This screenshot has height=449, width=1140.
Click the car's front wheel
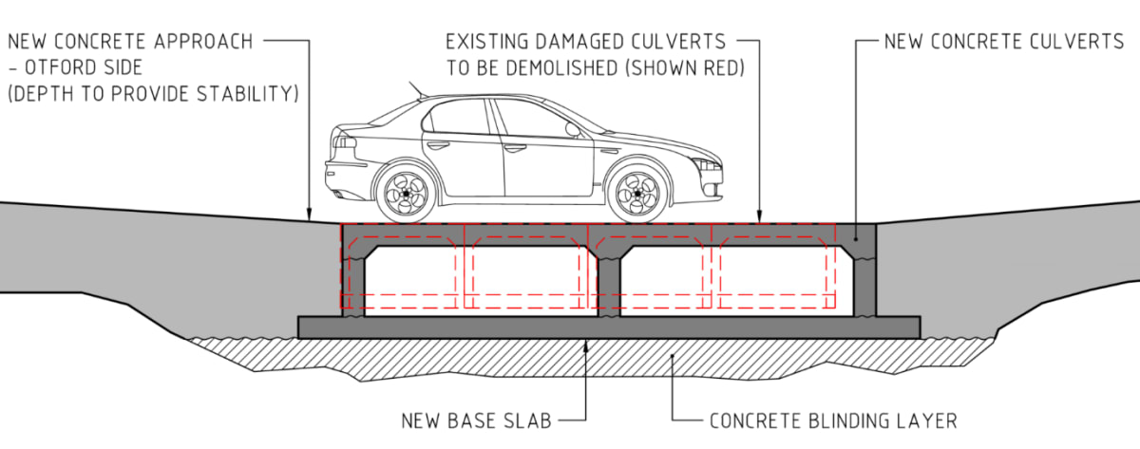point(636,194)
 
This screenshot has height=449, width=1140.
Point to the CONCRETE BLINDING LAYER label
point(833,420)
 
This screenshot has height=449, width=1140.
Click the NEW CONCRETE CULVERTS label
point(1003,42)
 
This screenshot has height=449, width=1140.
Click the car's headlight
point(708,165)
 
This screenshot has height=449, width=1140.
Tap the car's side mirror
point(572,130)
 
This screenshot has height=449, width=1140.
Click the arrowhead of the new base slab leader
point(586,344)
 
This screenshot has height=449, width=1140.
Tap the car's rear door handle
point(438,145)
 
